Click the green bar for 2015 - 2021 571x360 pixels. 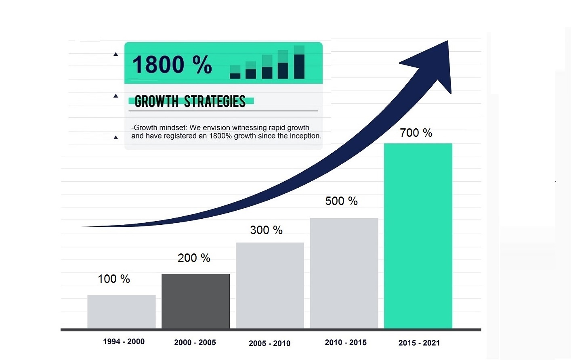(418, 236)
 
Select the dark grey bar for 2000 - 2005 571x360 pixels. (195, 301)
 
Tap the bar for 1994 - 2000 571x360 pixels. (121, 311)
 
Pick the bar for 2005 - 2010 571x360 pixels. (270, 285)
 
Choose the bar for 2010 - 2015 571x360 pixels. (344, 273)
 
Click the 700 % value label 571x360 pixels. (416, 133)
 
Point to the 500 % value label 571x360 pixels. (341, 201)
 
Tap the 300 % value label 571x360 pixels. (266, 230)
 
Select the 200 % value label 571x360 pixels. (194, 258)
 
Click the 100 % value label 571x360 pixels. (114, 279)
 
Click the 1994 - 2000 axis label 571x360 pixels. (124, 341)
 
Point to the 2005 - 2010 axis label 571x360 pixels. (269, 343)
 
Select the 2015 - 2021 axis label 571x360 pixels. (419, 343)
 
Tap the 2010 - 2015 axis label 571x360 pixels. (346, 343)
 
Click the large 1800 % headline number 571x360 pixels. (172, 65)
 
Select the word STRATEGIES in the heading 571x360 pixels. (214, 102)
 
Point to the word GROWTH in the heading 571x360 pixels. (156, 102)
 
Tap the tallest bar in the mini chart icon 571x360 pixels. (299, 63)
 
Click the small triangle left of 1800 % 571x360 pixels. (116, 54)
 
